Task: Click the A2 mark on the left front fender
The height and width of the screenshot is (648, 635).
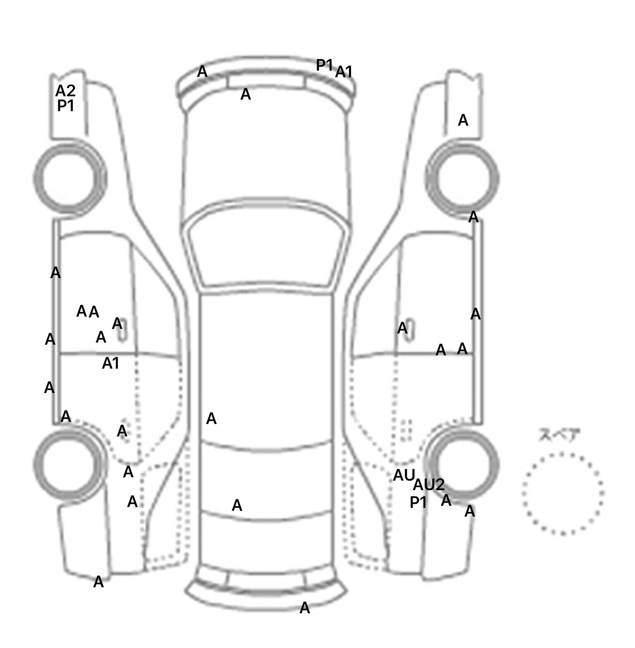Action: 65,91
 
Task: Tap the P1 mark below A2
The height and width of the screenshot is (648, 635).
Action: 65,106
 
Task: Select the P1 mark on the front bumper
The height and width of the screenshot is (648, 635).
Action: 324,65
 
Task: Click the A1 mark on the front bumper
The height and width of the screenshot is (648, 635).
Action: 344,72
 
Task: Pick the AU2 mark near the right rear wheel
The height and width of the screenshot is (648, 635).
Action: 429,484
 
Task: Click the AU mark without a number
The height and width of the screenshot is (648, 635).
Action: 403,475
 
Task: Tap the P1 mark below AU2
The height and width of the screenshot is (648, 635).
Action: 418,503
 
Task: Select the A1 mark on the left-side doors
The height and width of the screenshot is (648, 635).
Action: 110,363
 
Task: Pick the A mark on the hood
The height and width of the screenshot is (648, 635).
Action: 246,95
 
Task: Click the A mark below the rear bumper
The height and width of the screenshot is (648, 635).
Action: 305,608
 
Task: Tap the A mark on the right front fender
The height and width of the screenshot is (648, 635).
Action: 463,120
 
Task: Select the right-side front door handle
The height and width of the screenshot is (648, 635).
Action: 410,329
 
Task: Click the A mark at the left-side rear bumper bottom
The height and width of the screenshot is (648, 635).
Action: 98,582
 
